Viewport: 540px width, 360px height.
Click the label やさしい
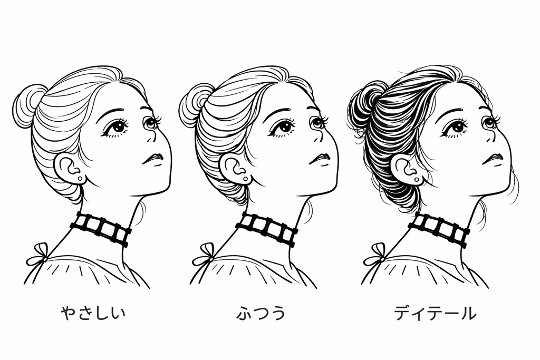click(x=93, y=314)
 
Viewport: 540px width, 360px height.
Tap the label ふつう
click(x=261, y=314)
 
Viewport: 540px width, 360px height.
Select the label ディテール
click(x=435, y=314)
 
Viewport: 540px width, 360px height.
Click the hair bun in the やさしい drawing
click(x=27, y=105)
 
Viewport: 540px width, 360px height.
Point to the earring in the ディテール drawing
click(x=417, y=180)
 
